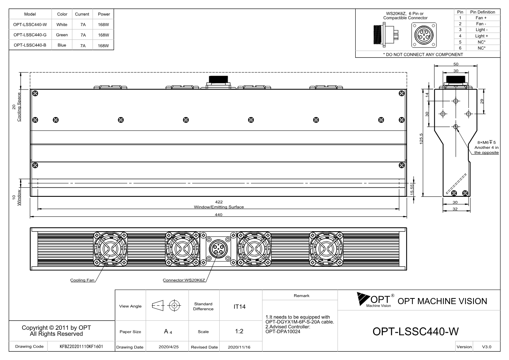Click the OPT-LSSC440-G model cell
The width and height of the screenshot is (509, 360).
[x=30, y=35]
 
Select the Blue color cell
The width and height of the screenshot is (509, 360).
[x=62, y=45]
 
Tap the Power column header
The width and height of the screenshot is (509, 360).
[x=104, y=14]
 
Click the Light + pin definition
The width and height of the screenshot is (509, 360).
[x=481, y=36]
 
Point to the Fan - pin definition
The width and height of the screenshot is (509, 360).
[x=481, y=24]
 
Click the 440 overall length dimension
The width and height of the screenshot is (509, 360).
[x=219, y=215]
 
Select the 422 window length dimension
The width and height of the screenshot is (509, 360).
[x=219, y=202]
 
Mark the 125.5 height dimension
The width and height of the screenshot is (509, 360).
[x=421, y=139]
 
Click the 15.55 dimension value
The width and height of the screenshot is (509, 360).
[x=412, y=190]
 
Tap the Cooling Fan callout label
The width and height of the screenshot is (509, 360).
[x=82, y=280]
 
